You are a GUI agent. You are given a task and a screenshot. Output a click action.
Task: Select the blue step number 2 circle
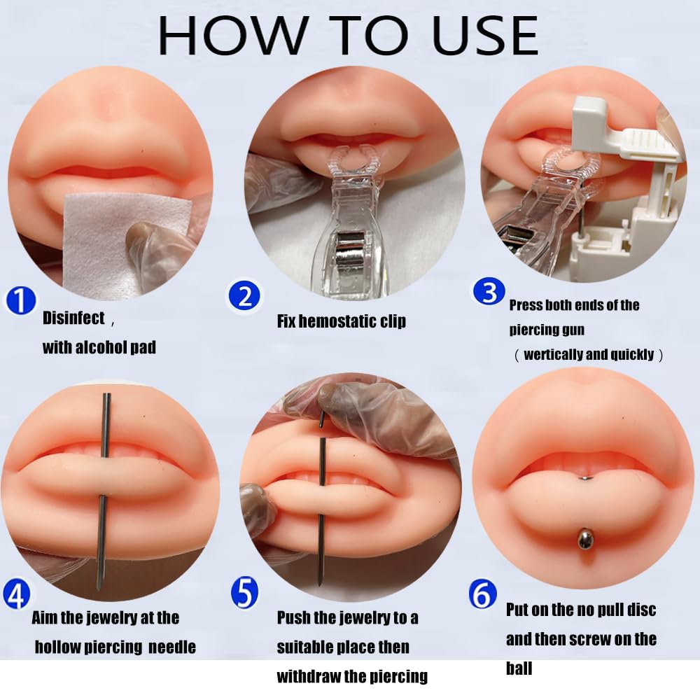pyautogui.click(x=244, y=297)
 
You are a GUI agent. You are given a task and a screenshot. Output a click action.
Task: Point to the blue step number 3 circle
pyautogui.click(x=489, y=292)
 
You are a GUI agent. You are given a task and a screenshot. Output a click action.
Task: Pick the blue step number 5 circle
pyautogui.click(x=244, y=593)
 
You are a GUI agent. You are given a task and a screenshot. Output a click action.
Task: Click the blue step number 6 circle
pyautogui.click(x=483, y=596)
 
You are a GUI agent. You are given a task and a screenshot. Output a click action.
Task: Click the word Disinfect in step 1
pyautogui.click(x=73, y=318)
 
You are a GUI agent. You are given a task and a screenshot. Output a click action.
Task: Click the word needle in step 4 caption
pyautogui.click(x=172, y=647)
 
